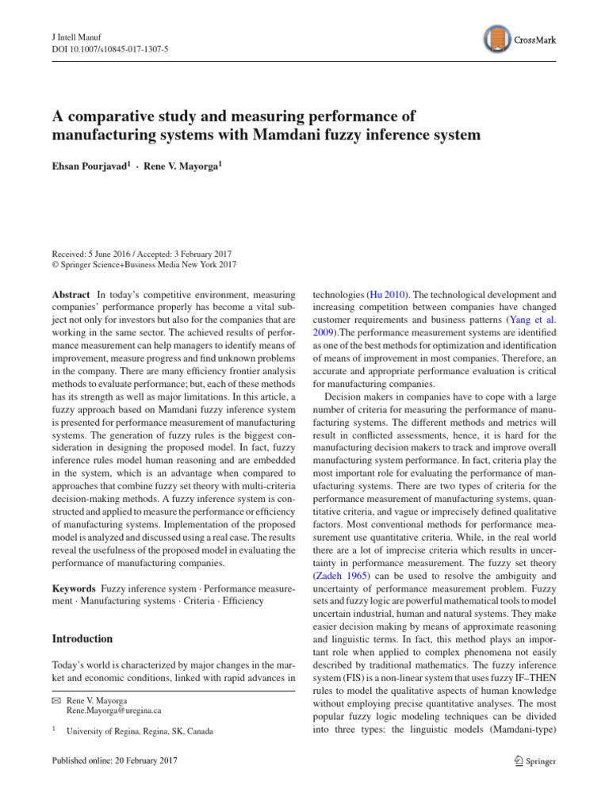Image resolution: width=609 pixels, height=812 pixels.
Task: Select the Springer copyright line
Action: pos(143,265)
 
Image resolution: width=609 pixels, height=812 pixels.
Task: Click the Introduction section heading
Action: pos(82,638)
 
